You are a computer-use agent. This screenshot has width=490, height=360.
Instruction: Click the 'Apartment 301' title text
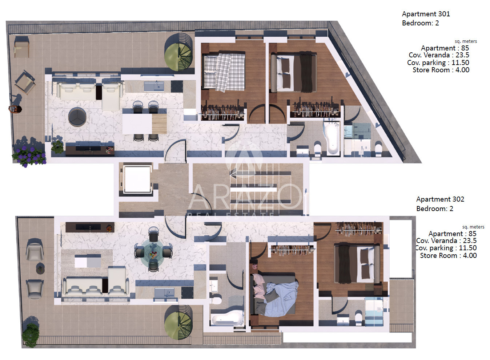click(x=426, y=14)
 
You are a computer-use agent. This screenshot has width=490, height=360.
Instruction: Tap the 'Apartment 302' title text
click(x=440, y=199)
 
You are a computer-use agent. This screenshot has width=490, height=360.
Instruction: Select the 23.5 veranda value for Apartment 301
click(x=462, y=55)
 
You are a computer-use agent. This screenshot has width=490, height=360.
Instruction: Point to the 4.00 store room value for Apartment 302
click(x=470, y=255)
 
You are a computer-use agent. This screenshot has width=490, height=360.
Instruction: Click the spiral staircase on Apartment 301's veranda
click(x=178, y=52)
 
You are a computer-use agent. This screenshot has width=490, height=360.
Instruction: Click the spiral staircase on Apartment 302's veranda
click(x=178, y=323)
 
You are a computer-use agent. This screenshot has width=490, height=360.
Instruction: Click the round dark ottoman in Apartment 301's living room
click(x=77, y=117)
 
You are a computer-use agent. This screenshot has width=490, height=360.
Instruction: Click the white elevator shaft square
click(x=137, y=179)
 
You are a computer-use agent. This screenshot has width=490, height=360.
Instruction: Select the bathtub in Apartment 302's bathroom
click(x=228, y=319)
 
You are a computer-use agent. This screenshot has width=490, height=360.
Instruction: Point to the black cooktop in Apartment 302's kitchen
click(x=188, y=293)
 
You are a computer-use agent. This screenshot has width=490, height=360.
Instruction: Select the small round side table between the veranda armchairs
click(x=40, y=268)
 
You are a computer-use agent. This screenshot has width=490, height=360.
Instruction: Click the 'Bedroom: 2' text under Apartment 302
click(x=434, y=209)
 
